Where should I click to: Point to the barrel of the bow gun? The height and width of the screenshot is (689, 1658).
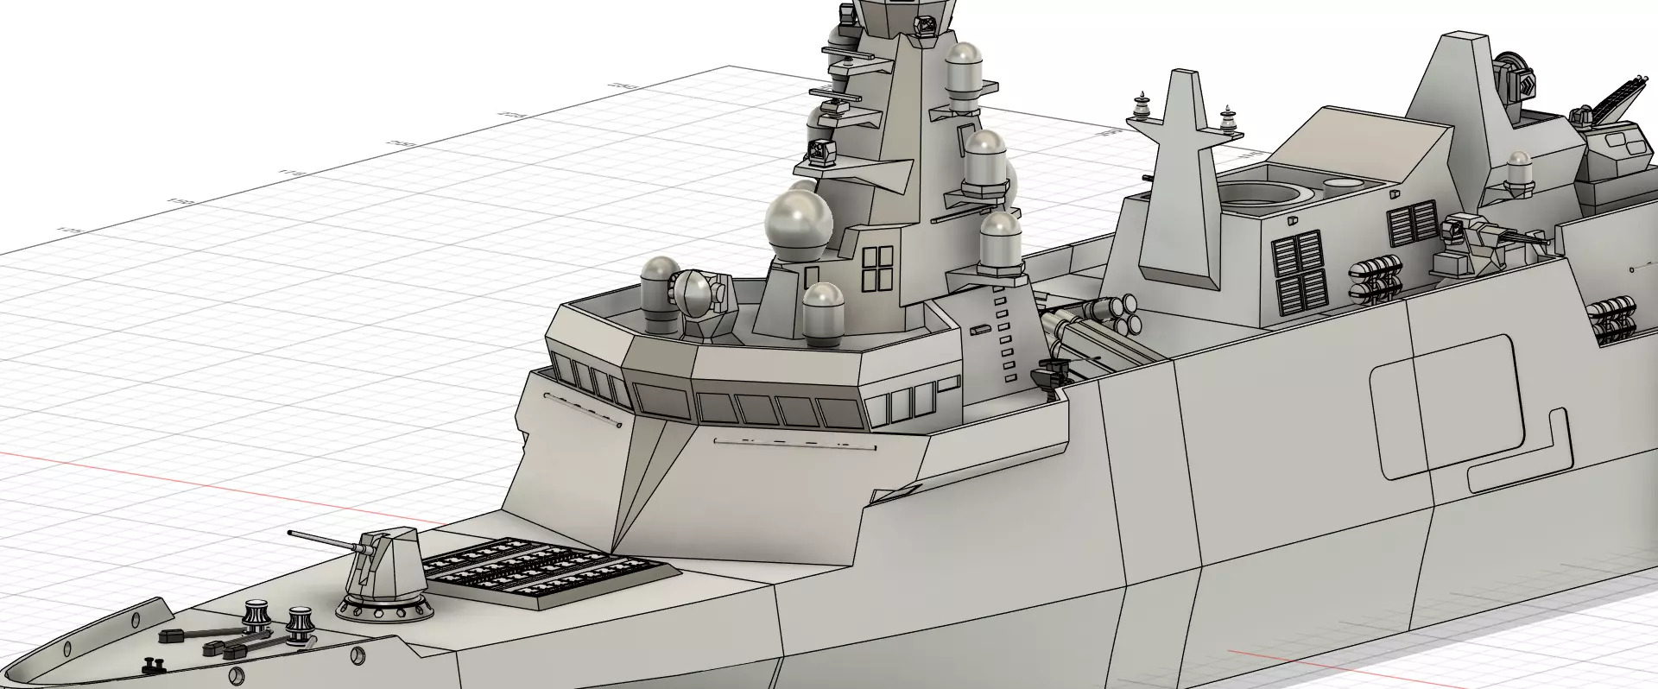pyautogui.click(x=325, y=541)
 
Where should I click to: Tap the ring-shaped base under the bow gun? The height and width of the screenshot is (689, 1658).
pyautogui.click(x=384, y=609)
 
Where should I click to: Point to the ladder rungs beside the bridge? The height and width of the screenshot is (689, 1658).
pyautogui.click(x=1004, y=332)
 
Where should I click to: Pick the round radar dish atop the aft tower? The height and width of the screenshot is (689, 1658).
pyautogui.click(x=1511, y=73)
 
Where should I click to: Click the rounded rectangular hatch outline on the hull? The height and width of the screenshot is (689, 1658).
pyautogui.click(x=1446, y=406)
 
